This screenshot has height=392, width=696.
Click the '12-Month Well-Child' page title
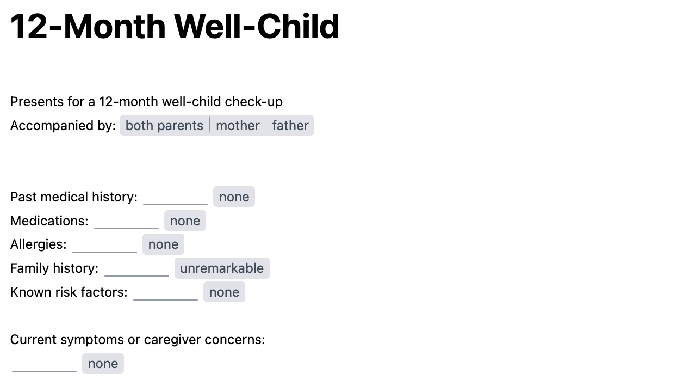click(x=175, y=26)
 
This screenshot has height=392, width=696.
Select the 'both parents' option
click(x=164, y=126)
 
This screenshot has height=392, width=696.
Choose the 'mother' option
click(x=238, y=126)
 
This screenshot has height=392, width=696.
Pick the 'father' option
click(x=290, y=126)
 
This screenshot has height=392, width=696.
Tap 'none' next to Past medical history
click(x=234, y=197)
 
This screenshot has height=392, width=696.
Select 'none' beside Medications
click(x=185, y=221)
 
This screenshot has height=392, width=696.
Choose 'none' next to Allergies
click(x=163, y=244)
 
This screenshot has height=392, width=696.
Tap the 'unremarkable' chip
click(x=222, y=268)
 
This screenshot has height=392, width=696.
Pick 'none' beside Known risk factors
click(x=224, y=292)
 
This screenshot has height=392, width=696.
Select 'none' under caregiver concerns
click(x=103, y=364)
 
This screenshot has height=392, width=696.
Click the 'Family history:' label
click(x=54, y=268)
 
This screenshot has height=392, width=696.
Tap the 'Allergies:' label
click(x=38, y=244)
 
